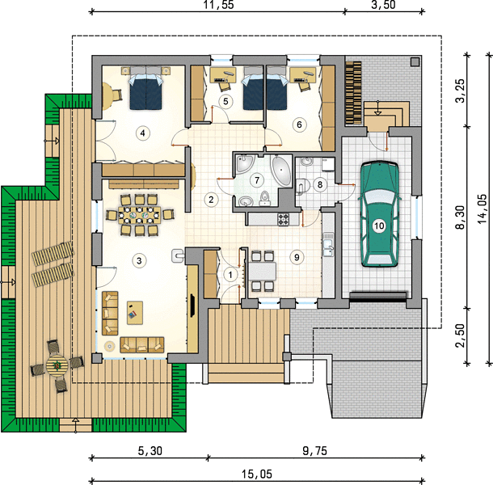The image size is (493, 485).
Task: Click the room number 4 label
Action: pyautogui.click(x=143, y=133)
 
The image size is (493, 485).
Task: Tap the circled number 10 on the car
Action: pyautogui.click(x=379, y=226)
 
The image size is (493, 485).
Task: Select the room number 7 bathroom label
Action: pyautogui.click(x=257, y=180)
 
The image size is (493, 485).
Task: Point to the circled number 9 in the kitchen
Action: pyautogui.click(x=297, y=257)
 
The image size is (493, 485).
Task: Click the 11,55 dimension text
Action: pyautogui.click(x=219, y=5)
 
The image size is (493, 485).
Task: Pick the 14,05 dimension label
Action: pyautogui.click(x=482, y=209)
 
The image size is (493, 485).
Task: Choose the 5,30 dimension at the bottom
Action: pyautogui.click(x=150, y=451)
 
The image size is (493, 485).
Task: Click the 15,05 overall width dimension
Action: pyautogui.click(x=257, y=474)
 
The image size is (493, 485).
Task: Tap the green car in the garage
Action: pyautogui.click(x=380, y=214)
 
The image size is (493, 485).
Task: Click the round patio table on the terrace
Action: pyautogui.click(x=57, y=366)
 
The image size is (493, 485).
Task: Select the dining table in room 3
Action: pyautogui.click(x=139, y=215)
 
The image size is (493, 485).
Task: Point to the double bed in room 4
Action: pyautogui.click(x=146, y=91)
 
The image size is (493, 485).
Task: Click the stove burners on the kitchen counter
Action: pyautogui.click(x=283, y=219)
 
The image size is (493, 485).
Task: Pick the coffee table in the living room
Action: pyautogui.click(x=135, y=313)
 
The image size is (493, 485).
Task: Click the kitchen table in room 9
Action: pyautogui.click(x=263, y=272)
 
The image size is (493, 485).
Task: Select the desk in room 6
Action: pyautogui.click(x=302, y=75)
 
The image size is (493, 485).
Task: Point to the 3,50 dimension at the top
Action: pyautogui.click(x=384, y=5)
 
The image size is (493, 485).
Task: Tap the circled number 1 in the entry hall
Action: pyautogui.click(x=230, y=275)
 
